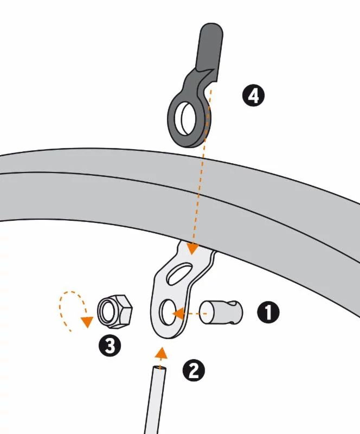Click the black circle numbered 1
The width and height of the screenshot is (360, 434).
(268, 312)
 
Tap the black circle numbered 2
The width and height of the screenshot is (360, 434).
(194, 371)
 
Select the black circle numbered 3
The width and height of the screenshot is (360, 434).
(110, 345)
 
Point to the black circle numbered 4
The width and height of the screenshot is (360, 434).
(253, 96)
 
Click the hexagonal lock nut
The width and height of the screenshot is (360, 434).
(115, 311)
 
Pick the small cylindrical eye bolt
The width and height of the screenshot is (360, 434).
(221, 312)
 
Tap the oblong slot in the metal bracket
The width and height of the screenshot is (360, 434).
(180, 274)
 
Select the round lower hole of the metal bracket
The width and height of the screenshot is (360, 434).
(168, 312)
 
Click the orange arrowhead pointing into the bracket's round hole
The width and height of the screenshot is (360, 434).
(178, 314)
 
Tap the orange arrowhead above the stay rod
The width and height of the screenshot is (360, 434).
(161, 354)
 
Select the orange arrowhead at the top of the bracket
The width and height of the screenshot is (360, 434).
(192, 248)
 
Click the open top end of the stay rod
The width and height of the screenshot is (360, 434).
(159, 369)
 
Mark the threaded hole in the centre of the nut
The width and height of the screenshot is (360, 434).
(107, 311)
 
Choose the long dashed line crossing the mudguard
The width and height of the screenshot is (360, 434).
(202, 166)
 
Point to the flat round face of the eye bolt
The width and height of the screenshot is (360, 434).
(206, 313)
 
